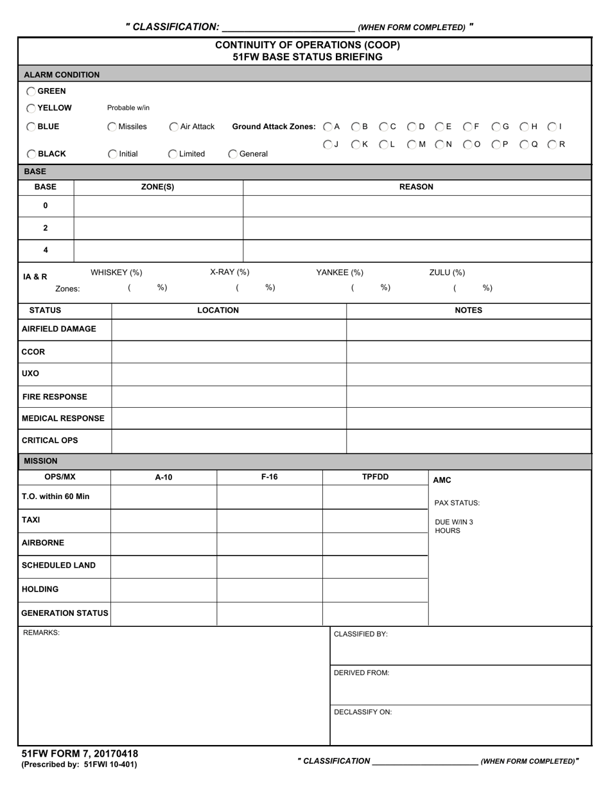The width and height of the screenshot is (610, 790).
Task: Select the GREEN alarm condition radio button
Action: [31, 91]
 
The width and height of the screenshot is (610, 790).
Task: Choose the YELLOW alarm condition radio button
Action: [31, 108]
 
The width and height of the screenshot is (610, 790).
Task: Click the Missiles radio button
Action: [112, 127]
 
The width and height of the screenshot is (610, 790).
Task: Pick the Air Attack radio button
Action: [174, 127]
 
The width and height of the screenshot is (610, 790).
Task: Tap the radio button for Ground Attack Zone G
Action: [496, 127]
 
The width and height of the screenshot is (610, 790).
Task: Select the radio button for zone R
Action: [552, 145]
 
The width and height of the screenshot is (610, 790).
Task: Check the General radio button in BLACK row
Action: [233, 154]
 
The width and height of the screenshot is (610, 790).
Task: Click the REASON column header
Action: [416, 187]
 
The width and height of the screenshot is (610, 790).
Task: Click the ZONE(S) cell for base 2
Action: [159, 228]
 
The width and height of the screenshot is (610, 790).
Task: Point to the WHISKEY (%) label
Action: [116, 272]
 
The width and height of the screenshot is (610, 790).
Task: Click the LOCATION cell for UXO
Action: [229, 374]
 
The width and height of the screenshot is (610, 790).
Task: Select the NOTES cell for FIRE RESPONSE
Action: [468, 397]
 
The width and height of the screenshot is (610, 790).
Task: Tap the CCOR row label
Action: [33, 352]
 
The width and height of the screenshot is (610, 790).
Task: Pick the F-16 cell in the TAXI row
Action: [269, 520]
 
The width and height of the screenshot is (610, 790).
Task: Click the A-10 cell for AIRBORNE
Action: [164, 543]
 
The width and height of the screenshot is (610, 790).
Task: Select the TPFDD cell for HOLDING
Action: [375, 590]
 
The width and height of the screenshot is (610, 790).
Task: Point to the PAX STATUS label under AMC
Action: [457, 503]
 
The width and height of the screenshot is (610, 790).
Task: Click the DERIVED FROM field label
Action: [362, 673]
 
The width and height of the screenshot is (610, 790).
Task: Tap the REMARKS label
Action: [41, 633]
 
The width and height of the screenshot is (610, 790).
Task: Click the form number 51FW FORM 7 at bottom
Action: [79, 753]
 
